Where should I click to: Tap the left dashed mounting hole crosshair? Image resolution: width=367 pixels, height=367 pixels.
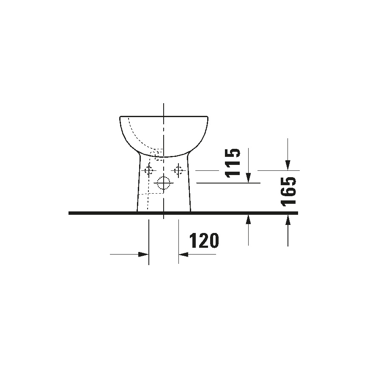(x=148, y=170)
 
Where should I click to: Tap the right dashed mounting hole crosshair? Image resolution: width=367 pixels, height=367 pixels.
(x=178, y=170)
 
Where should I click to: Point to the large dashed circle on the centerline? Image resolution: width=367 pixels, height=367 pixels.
(x=163, y=183)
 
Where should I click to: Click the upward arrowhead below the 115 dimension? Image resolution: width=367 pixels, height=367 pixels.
(x=248, y=219)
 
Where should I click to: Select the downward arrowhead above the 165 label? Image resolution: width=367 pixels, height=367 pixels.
(x=288, y=165)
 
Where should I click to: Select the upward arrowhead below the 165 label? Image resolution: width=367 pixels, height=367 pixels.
(x=288, y=219)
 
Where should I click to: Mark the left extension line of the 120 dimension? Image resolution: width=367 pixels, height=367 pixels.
(x=149, y=241)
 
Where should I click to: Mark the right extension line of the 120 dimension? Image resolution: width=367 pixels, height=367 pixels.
(x=178, y=241)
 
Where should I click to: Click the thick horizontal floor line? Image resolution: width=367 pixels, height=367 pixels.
(x=106, y=213)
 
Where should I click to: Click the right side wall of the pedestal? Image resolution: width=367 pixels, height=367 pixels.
(x=188, y=186)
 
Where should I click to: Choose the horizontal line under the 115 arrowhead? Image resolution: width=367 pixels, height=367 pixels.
(x=228, y=183)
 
